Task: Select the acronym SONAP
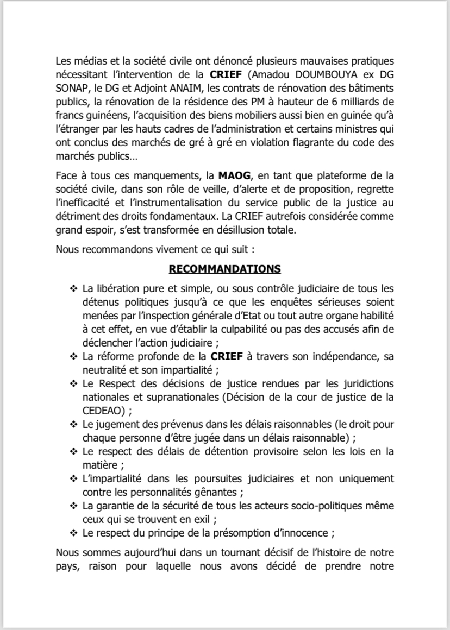(73, 89)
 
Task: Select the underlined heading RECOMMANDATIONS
(224, 269)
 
